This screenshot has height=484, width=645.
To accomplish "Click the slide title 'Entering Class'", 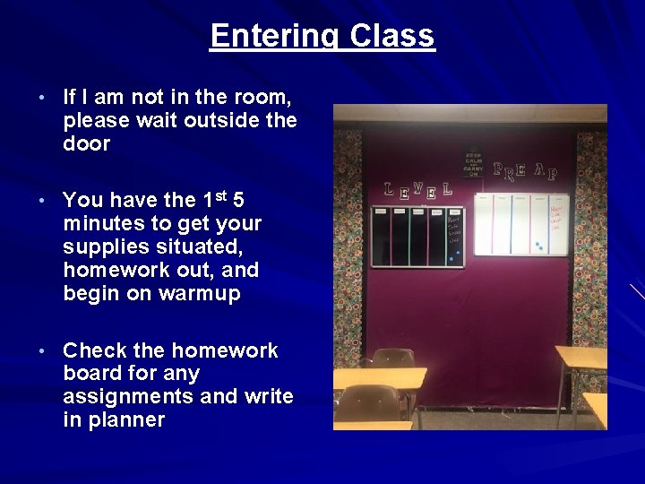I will pos(322,37).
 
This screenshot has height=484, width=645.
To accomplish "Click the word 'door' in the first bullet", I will pos(87,144).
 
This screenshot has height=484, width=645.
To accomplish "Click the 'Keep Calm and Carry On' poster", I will pos(473,161).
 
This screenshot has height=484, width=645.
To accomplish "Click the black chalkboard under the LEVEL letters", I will pos(408,237).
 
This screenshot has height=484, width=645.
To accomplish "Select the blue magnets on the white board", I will pos(537,244).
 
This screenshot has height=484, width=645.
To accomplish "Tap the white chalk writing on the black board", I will pos(456,228).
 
